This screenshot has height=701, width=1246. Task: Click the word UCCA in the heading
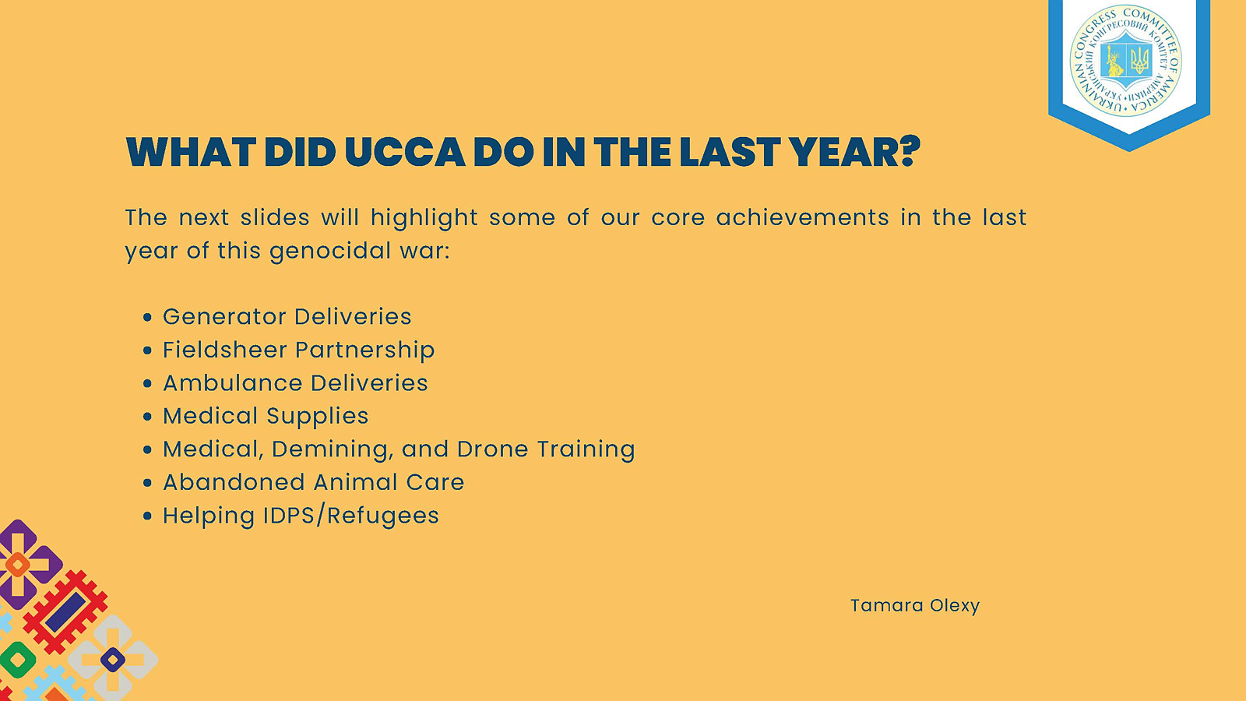[x=404, y=151]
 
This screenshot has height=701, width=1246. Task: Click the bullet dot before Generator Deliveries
[x=147, y=317]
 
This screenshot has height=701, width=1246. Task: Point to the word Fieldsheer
[x=225, y=350]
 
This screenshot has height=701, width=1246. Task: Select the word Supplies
[x=317, y=417]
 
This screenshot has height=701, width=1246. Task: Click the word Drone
[x=492, y=449]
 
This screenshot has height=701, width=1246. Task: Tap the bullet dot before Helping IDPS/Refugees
[x=147, y=516]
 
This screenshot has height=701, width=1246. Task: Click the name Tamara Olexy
[x=914, y=605]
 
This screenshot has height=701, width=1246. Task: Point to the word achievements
[x=802, y=217]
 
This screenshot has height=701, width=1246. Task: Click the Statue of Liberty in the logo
[x=1114, y=61]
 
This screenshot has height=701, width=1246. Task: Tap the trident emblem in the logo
[x=1140, y=60]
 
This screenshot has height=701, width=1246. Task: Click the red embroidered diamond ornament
[x=65, y=611]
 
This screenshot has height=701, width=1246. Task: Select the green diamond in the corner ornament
[x=18, y=660]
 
